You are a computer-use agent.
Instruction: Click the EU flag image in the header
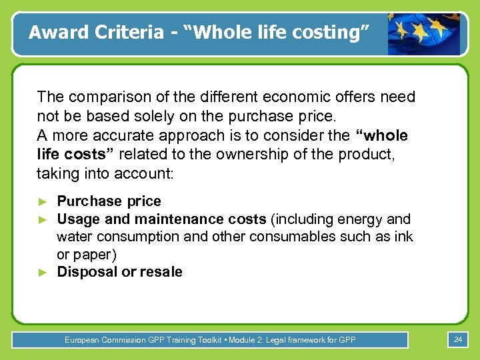pos(424,33)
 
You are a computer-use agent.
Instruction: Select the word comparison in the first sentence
pos(100,97)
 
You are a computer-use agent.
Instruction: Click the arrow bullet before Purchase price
pos(43,201)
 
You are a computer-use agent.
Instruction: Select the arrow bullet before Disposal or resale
pos(43,272)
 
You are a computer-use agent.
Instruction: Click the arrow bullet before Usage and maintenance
pos(43,219)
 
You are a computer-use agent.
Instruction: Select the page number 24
pos(458,340)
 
